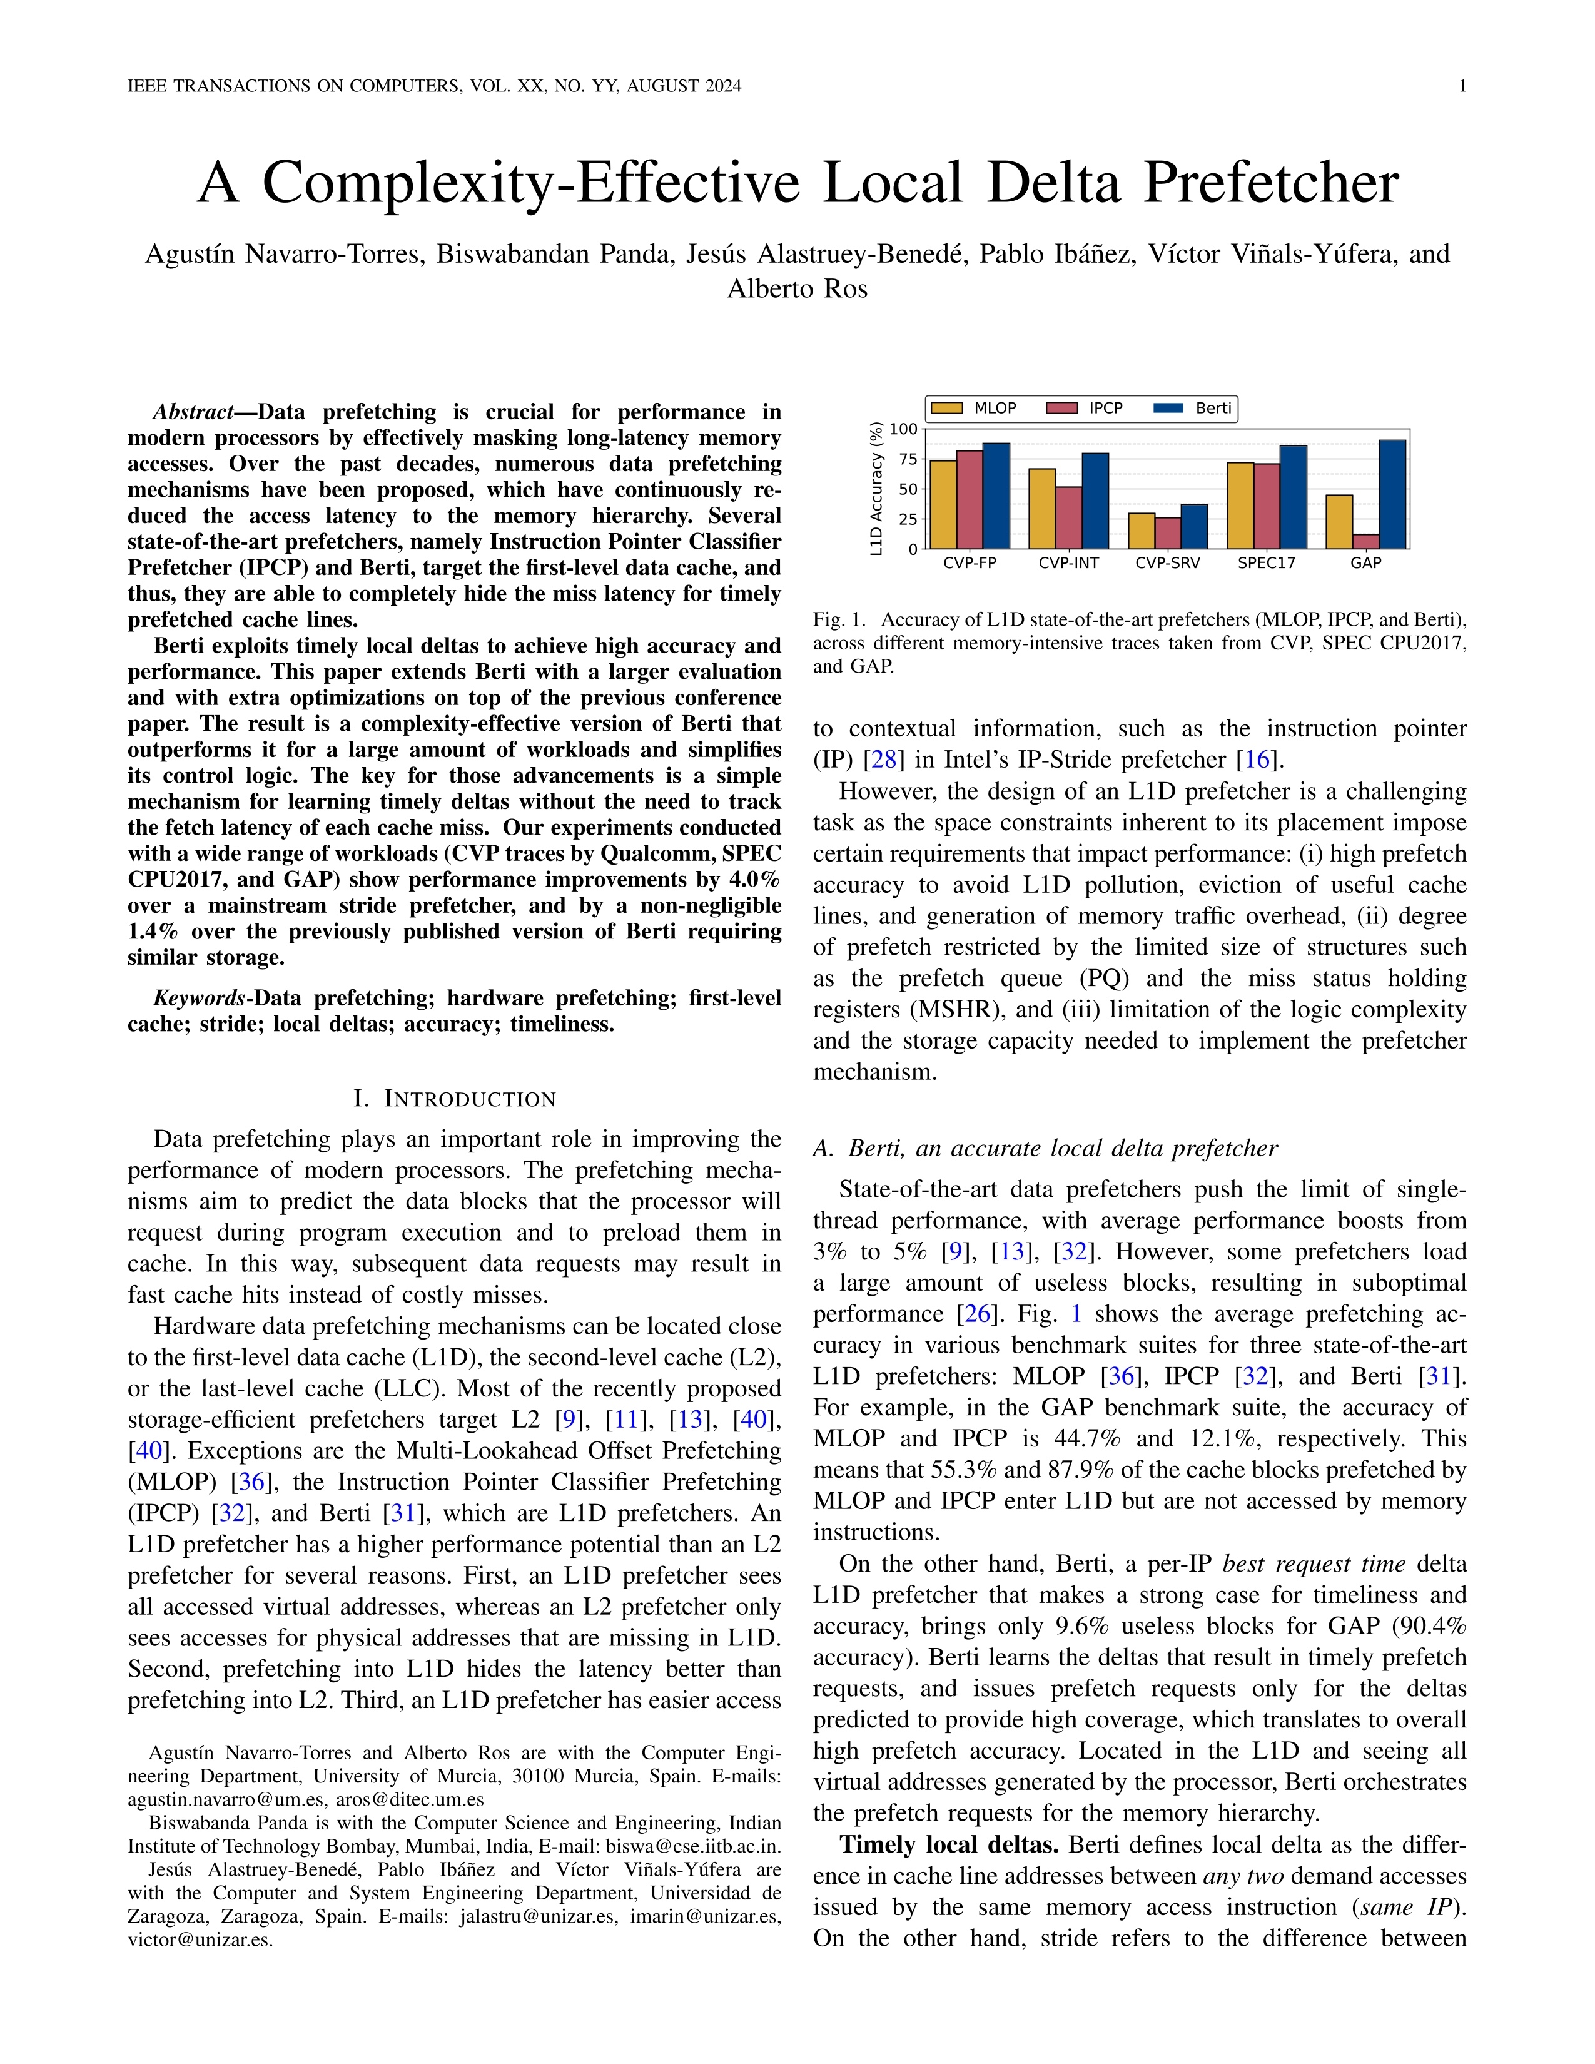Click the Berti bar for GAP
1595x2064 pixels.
coord(1392,494)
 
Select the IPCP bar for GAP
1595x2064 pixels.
coord(1365,542)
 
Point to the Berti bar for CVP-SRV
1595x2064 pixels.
coord(1193,526)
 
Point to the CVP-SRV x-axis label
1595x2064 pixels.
coord(1168,563)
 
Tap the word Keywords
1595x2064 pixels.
coord(198,998)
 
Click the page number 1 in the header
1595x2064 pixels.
coord(1462,86)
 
